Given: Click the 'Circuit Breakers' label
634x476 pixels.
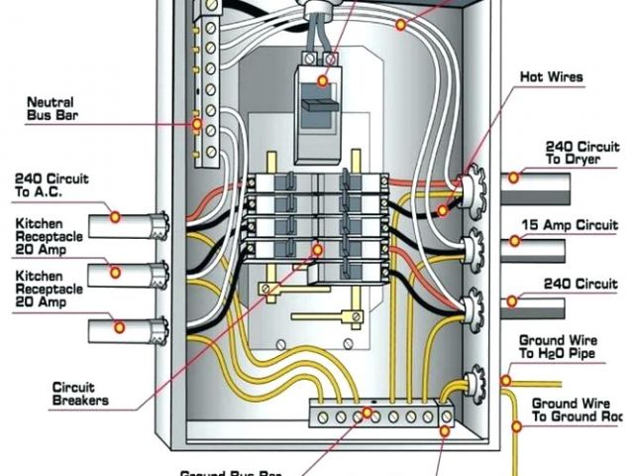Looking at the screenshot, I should [82, 394].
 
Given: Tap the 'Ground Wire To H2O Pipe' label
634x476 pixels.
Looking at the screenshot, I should [557, 346].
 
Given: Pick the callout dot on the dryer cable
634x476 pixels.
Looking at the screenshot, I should [515, 178].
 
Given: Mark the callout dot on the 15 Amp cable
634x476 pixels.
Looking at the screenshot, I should [514, 241].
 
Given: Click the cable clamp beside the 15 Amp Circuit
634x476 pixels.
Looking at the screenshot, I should [473, 241].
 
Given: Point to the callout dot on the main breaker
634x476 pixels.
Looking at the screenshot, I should [327, 59].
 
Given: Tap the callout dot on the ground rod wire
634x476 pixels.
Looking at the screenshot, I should [516, 427].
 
